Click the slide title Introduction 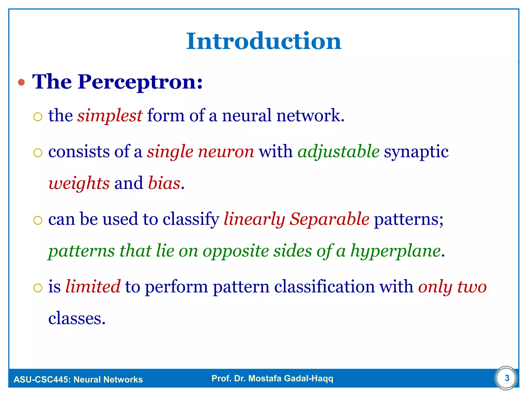264,41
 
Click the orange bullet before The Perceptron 21,82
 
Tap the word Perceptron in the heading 140,82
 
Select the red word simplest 110,115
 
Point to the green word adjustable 338,152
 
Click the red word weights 79,183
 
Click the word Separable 329,219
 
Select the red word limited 93,286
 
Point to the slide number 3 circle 507,378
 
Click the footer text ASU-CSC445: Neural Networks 78,379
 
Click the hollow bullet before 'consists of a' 38,153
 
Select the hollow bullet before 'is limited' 38,288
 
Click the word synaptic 416,152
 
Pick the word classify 191,219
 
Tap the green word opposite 236,251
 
